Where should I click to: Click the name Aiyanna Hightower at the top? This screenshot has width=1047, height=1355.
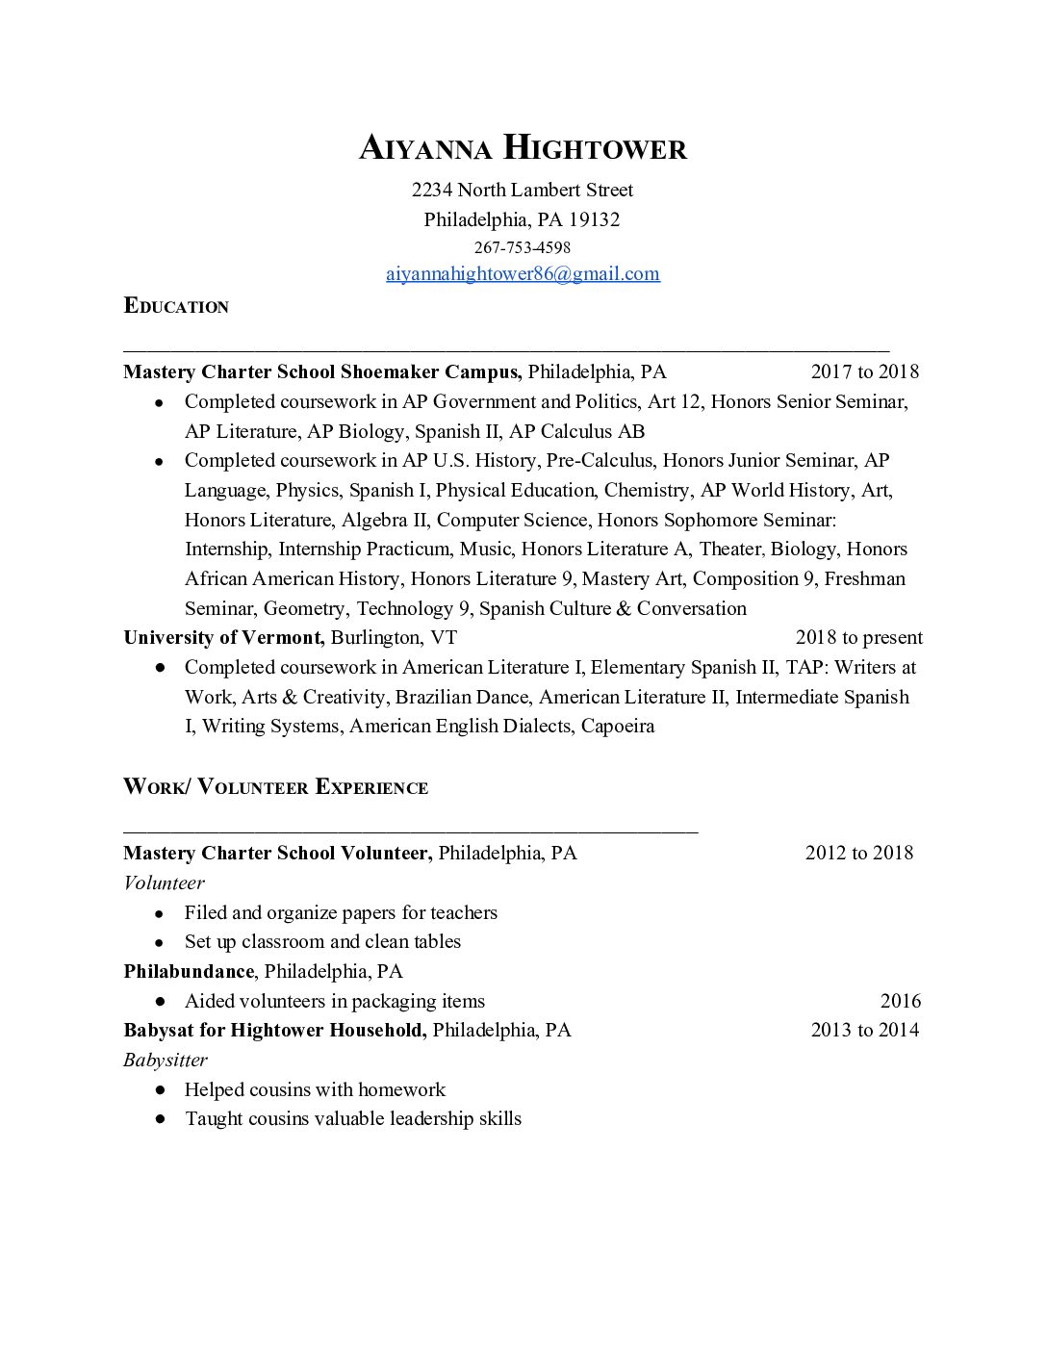523,149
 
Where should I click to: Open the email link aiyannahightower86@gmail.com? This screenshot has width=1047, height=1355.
523,274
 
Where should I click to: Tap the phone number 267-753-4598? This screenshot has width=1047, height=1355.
523,247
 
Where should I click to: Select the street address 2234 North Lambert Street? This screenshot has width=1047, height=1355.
523,190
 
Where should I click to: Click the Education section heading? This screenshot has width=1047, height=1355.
176,307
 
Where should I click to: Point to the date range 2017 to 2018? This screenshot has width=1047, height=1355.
864,372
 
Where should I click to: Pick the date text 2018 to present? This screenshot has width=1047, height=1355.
858,638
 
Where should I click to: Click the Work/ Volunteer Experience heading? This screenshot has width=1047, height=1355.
275,787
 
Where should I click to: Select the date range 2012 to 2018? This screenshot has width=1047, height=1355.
858,853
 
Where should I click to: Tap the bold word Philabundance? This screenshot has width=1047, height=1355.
189,971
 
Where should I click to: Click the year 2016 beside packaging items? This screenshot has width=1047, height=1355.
900,1001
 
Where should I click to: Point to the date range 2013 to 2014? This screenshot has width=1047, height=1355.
864,1031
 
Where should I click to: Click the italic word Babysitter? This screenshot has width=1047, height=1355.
166,1061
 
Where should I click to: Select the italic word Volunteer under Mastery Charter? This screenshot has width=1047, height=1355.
164,882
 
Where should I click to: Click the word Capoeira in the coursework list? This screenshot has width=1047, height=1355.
617,727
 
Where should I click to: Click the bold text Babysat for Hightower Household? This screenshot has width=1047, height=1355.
274,1031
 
